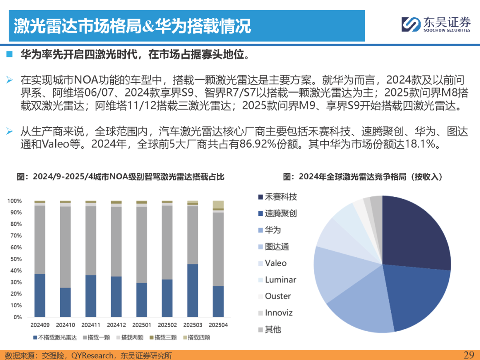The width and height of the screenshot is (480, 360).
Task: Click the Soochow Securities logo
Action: [x=436, y=24]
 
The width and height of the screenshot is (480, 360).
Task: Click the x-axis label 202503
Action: [x=192, y=325]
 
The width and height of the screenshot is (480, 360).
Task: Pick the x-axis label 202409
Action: [x=40, y=325]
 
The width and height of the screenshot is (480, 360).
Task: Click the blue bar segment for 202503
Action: [x=192, y=291]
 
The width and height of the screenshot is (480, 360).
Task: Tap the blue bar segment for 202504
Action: [x=218, y=301]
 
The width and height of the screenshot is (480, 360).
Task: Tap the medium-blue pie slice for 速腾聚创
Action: [x=413, y=298]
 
